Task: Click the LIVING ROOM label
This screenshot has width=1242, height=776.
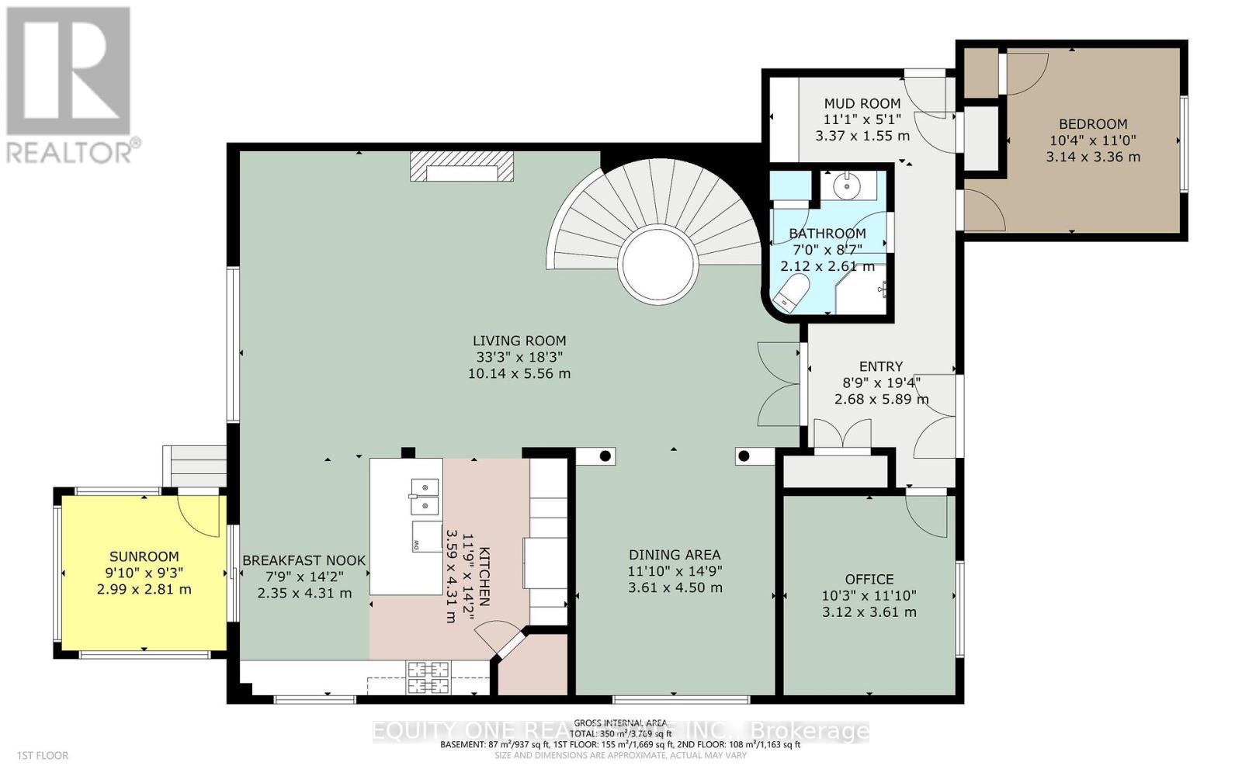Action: pyautogui.click(x=519, y=341)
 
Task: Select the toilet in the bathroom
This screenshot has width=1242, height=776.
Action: pyautogui.click(x=792, y=294)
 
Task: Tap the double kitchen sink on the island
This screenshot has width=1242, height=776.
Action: pyautogui.click(x=424, y=496)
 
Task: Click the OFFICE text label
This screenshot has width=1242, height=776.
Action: pyautogui.click(x=869, y=580)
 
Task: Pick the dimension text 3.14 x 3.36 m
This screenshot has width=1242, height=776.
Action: pyautogui.click(x=1093, y=157)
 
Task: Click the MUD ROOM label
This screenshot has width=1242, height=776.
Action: pyautogui.click(x=862, y=103)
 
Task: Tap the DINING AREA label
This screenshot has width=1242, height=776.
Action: pyautogui.click(x=674, y=555)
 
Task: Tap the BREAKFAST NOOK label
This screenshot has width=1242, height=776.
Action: pyautogui.click(x=304, y=560)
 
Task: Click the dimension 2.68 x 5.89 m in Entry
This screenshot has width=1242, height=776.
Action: pyautogui.click(x=881, y=400)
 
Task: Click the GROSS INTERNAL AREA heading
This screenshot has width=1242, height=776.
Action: pyautogui.click(x=620, y=723)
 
